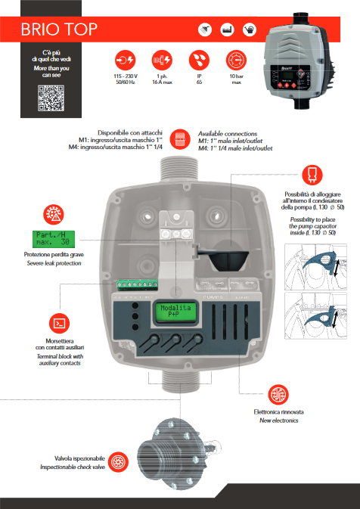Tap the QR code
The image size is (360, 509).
51,99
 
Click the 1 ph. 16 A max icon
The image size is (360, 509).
161,59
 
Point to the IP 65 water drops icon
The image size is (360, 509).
198,59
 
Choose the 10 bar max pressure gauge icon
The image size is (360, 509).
236,59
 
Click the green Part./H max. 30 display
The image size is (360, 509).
52,237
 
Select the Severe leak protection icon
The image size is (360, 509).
52,213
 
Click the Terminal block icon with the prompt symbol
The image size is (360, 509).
52,321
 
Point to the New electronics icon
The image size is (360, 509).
278,393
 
